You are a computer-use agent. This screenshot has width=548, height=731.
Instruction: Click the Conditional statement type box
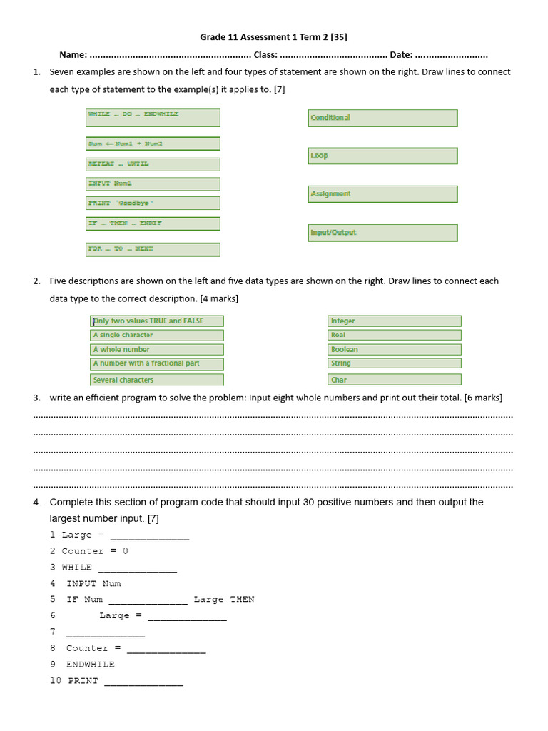pos(382,118)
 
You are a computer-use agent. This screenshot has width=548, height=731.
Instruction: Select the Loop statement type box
pos(382,156)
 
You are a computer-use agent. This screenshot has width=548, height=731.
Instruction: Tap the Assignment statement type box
pos(382,194)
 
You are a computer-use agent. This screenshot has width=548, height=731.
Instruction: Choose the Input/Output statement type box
pos(382,233)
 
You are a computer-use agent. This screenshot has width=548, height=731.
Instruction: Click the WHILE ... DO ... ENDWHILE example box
pos(153,117)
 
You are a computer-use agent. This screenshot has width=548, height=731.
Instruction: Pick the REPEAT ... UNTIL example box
pos(153,164)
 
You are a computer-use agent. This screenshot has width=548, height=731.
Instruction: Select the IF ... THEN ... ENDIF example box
pos(153,223)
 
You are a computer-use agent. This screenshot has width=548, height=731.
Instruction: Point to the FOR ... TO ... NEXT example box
pos(153,249)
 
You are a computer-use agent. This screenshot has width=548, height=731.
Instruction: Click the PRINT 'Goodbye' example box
pos(153,203)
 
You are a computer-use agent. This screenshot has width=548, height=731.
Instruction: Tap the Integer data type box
pos(394,321)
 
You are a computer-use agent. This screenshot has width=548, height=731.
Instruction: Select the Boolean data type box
pos(394,350)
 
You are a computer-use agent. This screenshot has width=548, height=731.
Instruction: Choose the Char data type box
pos(394,380)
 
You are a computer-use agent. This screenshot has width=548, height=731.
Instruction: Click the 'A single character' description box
pos(157,335)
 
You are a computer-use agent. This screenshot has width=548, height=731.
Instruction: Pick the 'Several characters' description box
pos(157,380)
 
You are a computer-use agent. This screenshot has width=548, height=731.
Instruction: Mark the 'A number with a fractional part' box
pos(157,363)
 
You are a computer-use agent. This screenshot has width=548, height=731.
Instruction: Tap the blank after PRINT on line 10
pos(143,682)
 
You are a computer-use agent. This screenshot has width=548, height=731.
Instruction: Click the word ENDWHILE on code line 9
pos(90,665)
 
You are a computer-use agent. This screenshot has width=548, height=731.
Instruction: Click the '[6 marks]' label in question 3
pos(483,398)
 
